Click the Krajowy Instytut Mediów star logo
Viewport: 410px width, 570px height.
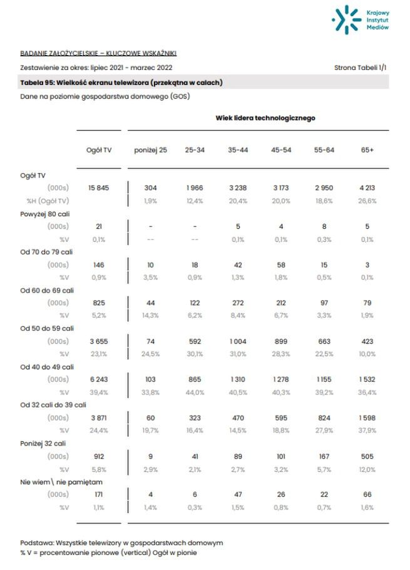tap(345, 19)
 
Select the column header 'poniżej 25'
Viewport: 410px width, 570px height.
tap(150, 150)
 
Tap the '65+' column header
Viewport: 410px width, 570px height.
tap(367, 150)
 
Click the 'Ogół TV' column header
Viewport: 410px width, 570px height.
tap(99, 150)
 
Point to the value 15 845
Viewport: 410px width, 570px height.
tap(99, 187)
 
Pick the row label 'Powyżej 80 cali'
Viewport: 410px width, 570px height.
tap(45, 214)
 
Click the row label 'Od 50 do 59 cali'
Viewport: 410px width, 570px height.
tap(47, 328)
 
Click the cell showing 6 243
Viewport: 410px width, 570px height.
tap(99, 379)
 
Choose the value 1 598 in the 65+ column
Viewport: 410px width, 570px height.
tap(367, 417)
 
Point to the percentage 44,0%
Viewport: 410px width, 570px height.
tap(195, 392)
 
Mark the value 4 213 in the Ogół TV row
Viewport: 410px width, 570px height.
tap(367, 187)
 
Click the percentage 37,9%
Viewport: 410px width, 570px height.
tap(367, 430)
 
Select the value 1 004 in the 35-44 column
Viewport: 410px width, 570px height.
tap(238, 341)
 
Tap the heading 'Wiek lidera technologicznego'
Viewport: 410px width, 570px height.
tap(265, 117)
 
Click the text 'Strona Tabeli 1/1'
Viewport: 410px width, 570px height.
tap(362, 67)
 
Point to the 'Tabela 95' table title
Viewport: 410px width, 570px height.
tap(121, 82)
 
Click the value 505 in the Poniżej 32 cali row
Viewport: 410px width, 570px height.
tap(367, 456)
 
